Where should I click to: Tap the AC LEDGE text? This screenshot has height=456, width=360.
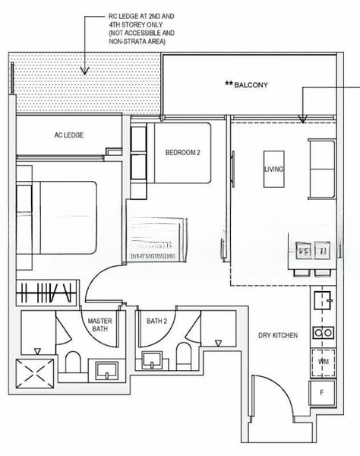(68, 135)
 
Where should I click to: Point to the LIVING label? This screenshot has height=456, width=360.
(273, 169)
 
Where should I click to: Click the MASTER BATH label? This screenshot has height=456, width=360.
(100, 325)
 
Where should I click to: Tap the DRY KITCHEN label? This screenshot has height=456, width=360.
(277, 335)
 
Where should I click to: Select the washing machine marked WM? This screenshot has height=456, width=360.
(323, 362)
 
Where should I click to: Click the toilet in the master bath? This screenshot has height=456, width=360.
(73, 363)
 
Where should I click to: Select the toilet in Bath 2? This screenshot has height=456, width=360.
(183, 356)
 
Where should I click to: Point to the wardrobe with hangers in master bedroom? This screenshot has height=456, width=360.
(47, 293)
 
